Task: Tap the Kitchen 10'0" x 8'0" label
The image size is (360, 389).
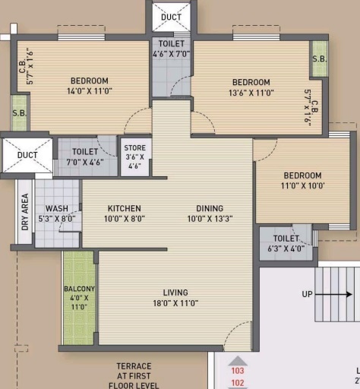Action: (124, 213)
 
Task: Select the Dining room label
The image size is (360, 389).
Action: (209, 213)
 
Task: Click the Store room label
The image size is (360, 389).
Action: (135, 157)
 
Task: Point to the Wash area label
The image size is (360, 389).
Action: (56, 213)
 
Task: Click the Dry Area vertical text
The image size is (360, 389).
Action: (25, 212)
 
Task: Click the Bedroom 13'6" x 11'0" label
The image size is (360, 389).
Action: (251, 87)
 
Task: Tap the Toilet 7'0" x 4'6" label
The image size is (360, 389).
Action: (85, 157)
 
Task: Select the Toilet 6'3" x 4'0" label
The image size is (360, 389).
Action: (286, 243)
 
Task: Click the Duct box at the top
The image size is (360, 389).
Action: (172, 17)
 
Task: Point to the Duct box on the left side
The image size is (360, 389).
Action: (27, 155)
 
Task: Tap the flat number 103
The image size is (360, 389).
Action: (238, 372)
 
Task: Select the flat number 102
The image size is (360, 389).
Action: (238, 383)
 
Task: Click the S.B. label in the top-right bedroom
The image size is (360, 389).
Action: (319, 59)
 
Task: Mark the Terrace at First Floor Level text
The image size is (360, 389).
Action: (134, 375)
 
